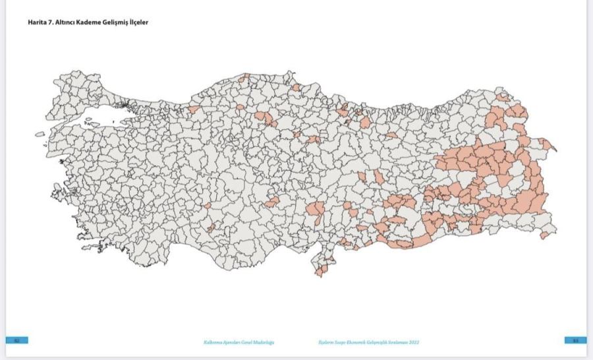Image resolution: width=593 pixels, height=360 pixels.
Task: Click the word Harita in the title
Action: [x=37, y=22]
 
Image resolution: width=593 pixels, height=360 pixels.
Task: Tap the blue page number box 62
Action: [x=16, y=340]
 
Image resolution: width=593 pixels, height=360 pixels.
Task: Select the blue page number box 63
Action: [x=575, y=340]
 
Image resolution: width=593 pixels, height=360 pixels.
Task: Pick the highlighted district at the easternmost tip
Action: [x=548, y=144]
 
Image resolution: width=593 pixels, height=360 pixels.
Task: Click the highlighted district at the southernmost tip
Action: [x=320, y=270]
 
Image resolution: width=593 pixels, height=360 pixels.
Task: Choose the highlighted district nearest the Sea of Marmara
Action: [x=194, y=109]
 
